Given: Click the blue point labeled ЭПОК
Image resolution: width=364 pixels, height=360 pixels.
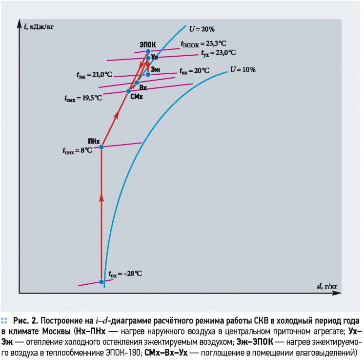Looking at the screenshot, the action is (x=148, y=52).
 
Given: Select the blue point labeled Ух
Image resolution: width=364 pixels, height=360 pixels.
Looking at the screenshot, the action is (x=148, y=58).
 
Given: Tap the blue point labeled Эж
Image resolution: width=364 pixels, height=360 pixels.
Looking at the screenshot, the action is (x=148, y=75).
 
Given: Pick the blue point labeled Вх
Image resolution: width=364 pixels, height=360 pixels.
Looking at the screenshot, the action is (x=137, y=83).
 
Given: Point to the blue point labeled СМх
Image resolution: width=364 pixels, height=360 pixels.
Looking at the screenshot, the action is (x=129, y=91).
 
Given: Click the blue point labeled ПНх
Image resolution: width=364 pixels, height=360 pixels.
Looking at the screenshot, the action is (x=101, y=147).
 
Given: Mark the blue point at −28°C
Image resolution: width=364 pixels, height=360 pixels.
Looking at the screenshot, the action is (x=101, y=282).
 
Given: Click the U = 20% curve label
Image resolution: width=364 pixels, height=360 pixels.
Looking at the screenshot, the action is (x=202, y=29).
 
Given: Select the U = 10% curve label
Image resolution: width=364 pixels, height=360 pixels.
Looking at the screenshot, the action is (x=243, y=69).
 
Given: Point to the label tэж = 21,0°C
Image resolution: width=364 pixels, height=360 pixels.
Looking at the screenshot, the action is (x=94, y=75).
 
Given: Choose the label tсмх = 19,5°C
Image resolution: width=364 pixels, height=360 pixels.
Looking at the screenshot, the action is (x=83, y=98).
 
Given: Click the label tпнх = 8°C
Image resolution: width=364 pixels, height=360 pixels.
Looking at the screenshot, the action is (x=77, y=150).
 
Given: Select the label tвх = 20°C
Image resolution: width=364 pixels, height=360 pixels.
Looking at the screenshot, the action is (x=195, y=71).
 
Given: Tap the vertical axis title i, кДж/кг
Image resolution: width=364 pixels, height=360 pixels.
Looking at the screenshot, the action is (x=39, y=27).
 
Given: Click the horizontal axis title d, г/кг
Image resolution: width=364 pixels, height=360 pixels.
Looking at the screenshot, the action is (x=327, y=286).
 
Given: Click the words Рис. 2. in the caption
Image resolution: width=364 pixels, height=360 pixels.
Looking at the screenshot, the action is (x=25, y=321).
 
